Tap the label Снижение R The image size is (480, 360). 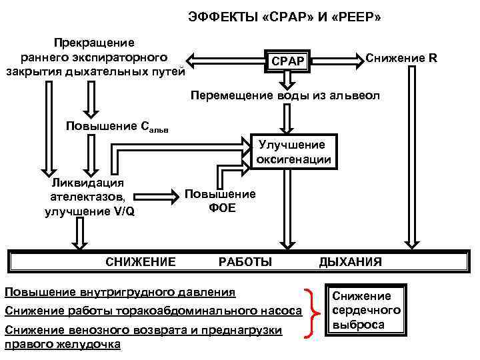[x=401, y=58]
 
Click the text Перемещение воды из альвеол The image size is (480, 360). [x=285, y=96]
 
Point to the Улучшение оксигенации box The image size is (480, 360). [x=292, y=152]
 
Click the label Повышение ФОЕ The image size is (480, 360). [x=219, y=201]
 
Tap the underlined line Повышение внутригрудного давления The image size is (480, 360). [x=120, y=292]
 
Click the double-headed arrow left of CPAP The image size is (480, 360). [x=224, y=58]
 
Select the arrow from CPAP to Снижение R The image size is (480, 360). [x=340, y=59]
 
